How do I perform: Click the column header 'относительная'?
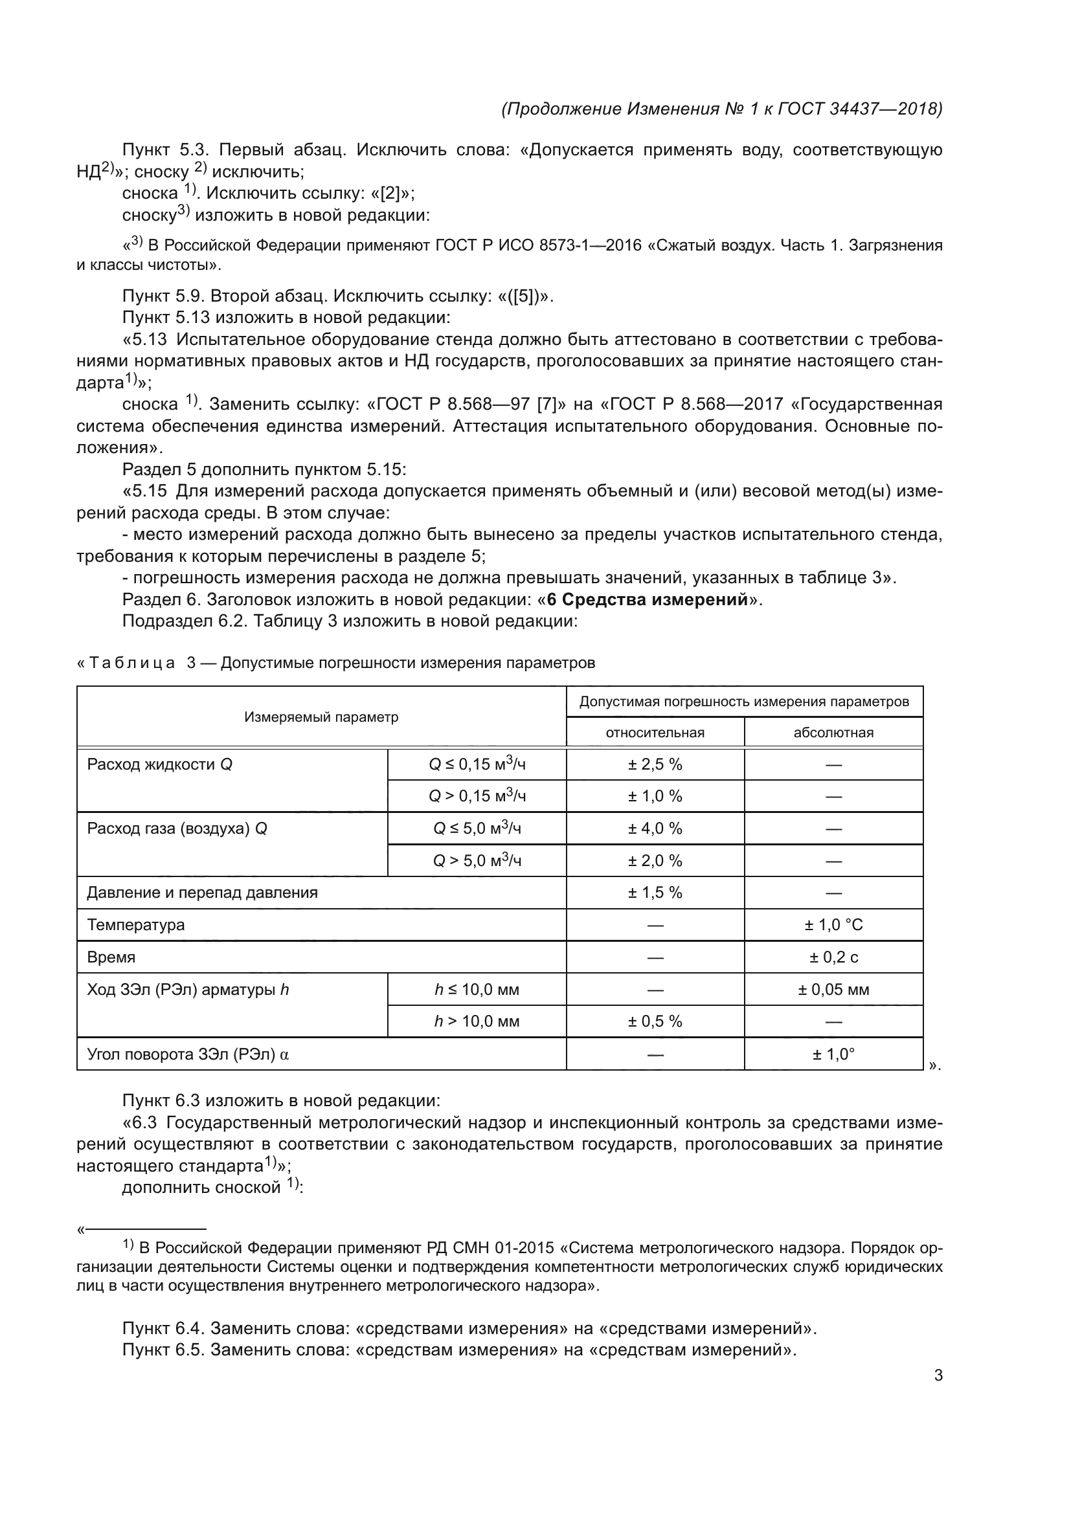coord(655,733)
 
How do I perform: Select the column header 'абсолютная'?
coord(833,733)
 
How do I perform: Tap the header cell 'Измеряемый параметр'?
coord(321,717)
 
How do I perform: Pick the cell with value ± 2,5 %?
coord(655,764)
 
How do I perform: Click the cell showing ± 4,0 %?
coord(655,829)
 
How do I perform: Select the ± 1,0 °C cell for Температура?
coord(833,924)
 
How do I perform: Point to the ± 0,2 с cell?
coord(833,957)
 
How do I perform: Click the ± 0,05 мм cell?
coord(833,989)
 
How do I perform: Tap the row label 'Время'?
coord(111,957)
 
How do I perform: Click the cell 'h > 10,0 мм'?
coord(476,1021)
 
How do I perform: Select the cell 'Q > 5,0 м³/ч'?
coord(476,860)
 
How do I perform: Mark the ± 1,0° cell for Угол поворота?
coord(833,1054)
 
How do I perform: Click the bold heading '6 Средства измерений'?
coord(647,599)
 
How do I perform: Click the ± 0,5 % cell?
coord(655,1021)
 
